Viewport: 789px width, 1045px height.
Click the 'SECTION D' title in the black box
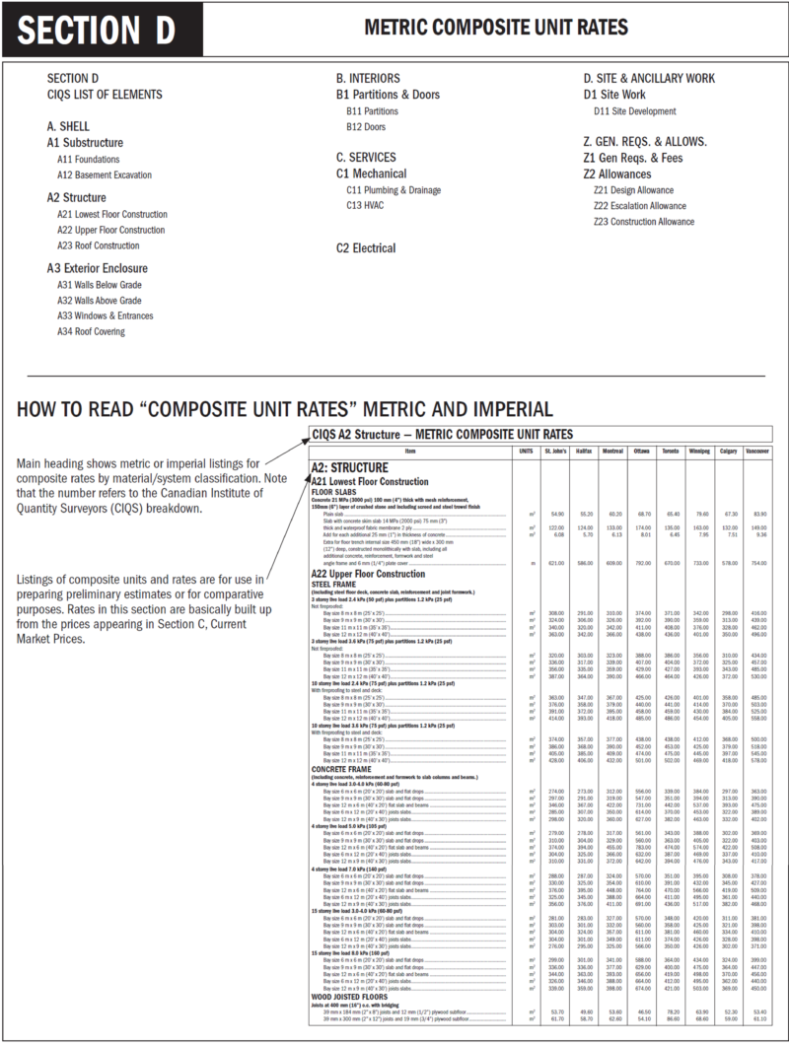point(96,31)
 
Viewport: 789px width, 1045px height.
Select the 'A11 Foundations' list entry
point(89,159)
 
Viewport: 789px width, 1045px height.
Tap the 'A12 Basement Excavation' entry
point(105,174)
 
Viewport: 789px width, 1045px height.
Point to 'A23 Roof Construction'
point(99,245)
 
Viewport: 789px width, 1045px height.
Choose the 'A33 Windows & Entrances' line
point(106,315)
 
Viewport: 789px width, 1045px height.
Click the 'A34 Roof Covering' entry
point(91,331)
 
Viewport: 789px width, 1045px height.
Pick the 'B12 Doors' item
point(366,126)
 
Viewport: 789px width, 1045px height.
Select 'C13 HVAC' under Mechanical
point(365,205)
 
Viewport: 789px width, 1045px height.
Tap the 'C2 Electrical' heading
point(366,248)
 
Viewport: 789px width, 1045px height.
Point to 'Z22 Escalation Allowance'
point(640,206)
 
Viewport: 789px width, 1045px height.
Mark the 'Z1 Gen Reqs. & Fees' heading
point(632,158)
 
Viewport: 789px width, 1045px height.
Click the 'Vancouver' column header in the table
point(757,451)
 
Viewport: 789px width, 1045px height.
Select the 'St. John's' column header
point(555,451)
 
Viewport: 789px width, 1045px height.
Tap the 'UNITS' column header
point(526,451)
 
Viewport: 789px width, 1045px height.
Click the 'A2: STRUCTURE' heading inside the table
point(349,467)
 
